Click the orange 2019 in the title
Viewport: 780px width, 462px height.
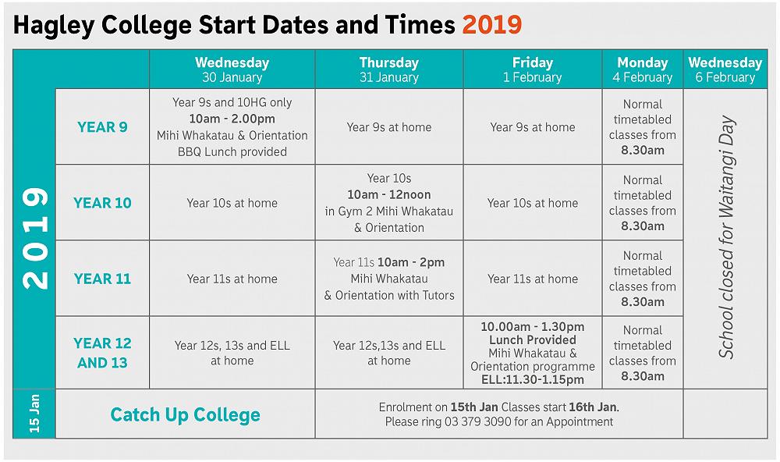pyautogui.click(x=491, y=25)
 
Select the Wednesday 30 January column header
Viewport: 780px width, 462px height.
pyautogui.click(x=232, y=69)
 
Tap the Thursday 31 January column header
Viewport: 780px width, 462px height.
pyautogui.click(x=388, y=69)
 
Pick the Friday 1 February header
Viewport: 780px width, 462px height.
pyautogui.click(x=532, y=69)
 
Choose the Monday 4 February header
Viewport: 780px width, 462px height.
pyautogui.click(x=643, y=69)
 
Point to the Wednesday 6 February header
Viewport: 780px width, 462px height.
pyautogui.click(x=725, y=69)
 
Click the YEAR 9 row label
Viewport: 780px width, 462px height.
pyautogui.click(x=102, y=127)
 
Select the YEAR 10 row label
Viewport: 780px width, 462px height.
pyautogui.click(x=102, y=203)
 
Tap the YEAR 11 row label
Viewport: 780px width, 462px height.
pyautogui.click(x=102, y=279)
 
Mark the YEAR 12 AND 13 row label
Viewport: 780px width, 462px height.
pyautogui.click(x=102, y=353)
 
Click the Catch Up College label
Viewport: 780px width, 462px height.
pyautogui.click(x=186, y=414)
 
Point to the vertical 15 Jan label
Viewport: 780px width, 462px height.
pyautogui.click(x=34, y=414)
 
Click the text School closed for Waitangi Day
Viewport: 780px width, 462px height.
pyautogui.click(x=726, y=238)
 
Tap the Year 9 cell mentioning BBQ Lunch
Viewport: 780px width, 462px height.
pyautogui.click(x=232, y=127)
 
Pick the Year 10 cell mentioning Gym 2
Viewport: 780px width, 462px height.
pyautogui.click(x=388, y=203)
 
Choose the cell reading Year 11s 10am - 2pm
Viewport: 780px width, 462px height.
pyautogui.click(x=388, y=279)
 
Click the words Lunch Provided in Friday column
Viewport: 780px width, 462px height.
pyautogui.click(x=532, y=340)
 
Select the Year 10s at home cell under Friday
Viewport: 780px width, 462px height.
pyautogui.click(x=532, y=203)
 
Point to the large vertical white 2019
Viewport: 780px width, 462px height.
pyautogui.click(x=34, y=238)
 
